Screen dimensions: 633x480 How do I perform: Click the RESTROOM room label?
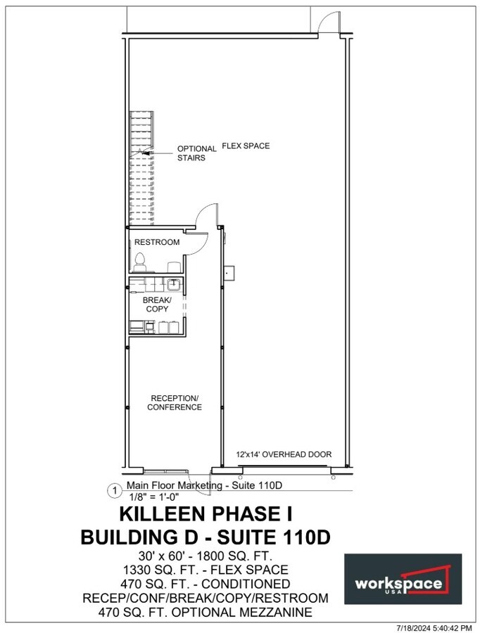click(x=157, y=243)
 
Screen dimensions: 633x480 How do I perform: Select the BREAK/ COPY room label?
click(x=157, y=304)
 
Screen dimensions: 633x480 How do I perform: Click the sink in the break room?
click(x=172, y=284)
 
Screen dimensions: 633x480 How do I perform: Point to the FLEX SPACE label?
click(x=246, y=146)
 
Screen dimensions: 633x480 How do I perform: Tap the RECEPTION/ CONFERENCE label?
click(x=175, y=402)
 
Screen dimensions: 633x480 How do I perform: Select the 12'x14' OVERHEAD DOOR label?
click(x=284, y=455)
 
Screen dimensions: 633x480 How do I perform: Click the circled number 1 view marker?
click(x=112, y=490)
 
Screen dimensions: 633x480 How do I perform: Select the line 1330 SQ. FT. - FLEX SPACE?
click(x=205, y=570)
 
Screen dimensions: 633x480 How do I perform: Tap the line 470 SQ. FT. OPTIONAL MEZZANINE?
click(x=205, y=613)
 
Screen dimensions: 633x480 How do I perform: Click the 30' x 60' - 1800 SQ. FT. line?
click(x=205, y=556)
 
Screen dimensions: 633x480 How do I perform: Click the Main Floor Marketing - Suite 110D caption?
click(x=204, y=486)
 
